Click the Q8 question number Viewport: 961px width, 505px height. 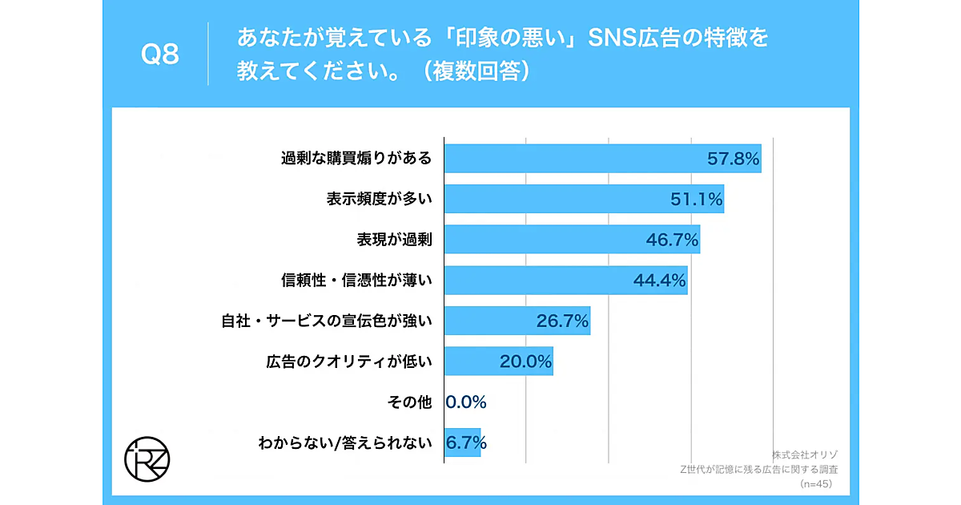(x=159, y=55)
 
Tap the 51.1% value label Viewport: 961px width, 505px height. (x=697, y=200)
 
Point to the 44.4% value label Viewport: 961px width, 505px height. (x=660, y=281)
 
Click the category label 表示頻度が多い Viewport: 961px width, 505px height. (x=379, y=200)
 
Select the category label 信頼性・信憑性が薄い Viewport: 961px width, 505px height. (x=356, y=281)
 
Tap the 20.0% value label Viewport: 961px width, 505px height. (x=525, y=362)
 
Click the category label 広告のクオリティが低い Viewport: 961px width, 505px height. (x=349, y=362)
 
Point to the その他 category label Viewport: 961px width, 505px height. (x=411, y=402)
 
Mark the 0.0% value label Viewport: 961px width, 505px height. (x=466, y=402)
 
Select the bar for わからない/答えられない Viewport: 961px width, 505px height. (x=462, y=442)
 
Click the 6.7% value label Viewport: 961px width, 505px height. (x=466, y=442)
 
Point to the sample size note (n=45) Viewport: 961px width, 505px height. (x=816, y=485)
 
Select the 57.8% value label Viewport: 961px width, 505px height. (x=733, y=159)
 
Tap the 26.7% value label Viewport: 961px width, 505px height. (x=562, y=321)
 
